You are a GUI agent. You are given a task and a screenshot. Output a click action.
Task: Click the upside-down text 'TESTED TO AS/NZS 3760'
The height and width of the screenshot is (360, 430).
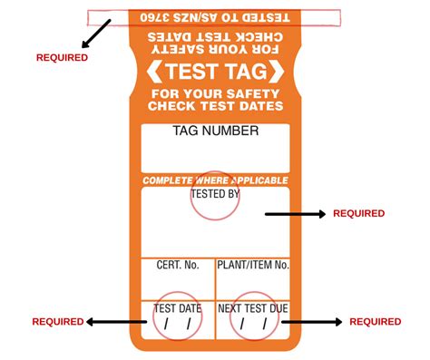(215, 16)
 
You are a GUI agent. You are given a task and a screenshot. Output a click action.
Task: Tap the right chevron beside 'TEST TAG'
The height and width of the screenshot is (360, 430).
(278, 70)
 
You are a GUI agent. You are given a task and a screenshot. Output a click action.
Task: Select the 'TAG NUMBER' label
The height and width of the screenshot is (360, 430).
(215, 131)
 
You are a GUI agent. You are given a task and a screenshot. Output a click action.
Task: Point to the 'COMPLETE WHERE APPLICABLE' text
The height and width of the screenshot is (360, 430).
(215, 180)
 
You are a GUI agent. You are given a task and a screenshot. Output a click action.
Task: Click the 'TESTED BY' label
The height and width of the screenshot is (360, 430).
(215, 194)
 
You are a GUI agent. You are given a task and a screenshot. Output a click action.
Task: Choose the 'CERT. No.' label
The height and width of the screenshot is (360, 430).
(177, 265)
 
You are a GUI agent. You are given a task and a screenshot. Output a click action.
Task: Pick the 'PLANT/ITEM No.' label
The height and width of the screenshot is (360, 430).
(252, 265)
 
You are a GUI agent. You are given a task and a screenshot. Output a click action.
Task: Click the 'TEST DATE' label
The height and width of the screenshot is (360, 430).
(178, 308)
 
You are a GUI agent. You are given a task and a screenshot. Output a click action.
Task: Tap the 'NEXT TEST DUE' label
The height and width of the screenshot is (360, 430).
(252, 308)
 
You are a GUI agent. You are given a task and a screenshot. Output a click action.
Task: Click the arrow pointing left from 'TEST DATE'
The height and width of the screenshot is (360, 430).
(117, 321)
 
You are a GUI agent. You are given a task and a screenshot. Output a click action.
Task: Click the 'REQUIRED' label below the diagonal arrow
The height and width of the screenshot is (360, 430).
(62, 57)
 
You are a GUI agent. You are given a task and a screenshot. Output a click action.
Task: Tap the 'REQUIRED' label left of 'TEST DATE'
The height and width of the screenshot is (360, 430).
(58, 322)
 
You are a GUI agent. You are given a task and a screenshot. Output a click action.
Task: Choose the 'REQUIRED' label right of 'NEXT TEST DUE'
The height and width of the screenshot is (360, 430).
(375, 322)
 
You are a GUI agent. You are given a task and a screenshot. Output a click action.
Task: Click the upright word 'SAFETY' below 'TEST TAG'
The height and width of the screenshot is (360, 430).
(256, 92)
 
